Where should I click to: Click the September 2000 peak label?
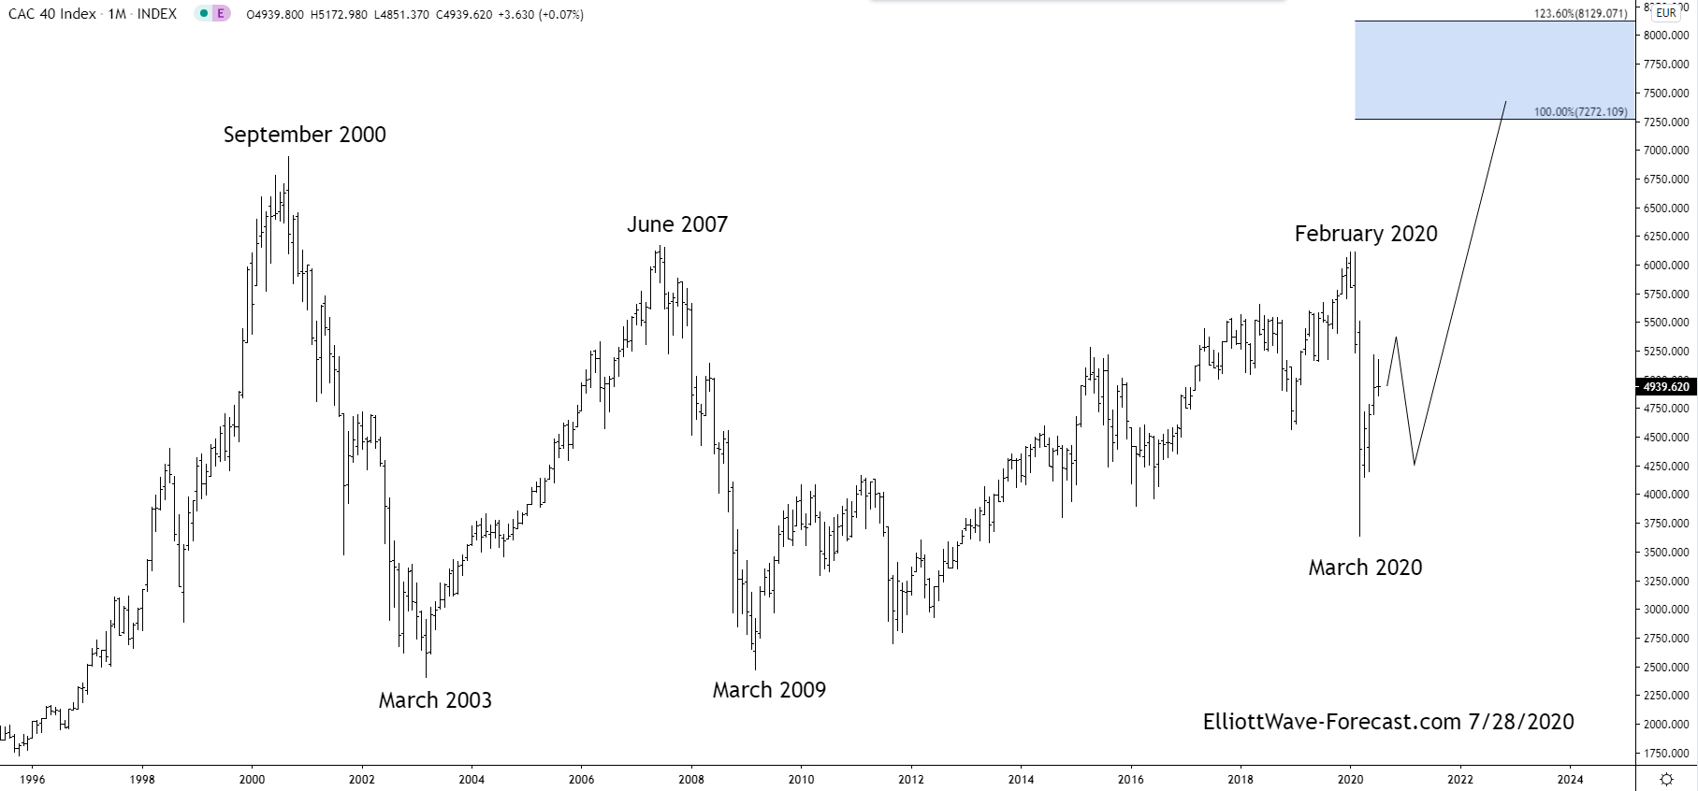304,135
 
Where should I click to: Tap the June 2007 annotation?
676,224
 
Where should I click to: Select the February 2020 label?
1365,234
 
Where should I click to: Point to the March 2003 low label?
434,700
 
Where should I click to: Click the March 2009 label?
769,690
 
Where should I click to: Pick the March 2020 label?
1364,568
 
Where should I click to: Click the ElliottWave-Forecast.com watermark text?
1387,722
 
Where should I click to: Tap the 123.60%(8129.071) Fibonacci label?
1580,14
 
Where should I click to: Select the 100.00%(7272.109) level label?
1580,112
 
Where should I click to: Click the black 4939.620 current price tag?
1665,386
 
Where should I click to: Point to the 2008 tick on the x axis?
690,779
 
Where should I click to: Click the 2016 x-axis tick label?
1130,779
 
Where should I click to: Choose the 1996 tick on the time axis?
32,779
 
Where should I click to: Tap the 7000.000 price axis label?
1665,151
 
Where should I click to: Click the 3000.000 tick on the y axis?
1665,610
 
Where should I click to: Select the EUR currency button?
1665,13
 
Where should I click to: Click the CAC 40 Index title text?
52,14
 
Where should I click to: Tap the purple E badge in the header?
221,14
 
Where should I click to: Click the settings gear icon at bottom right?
1666,779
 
